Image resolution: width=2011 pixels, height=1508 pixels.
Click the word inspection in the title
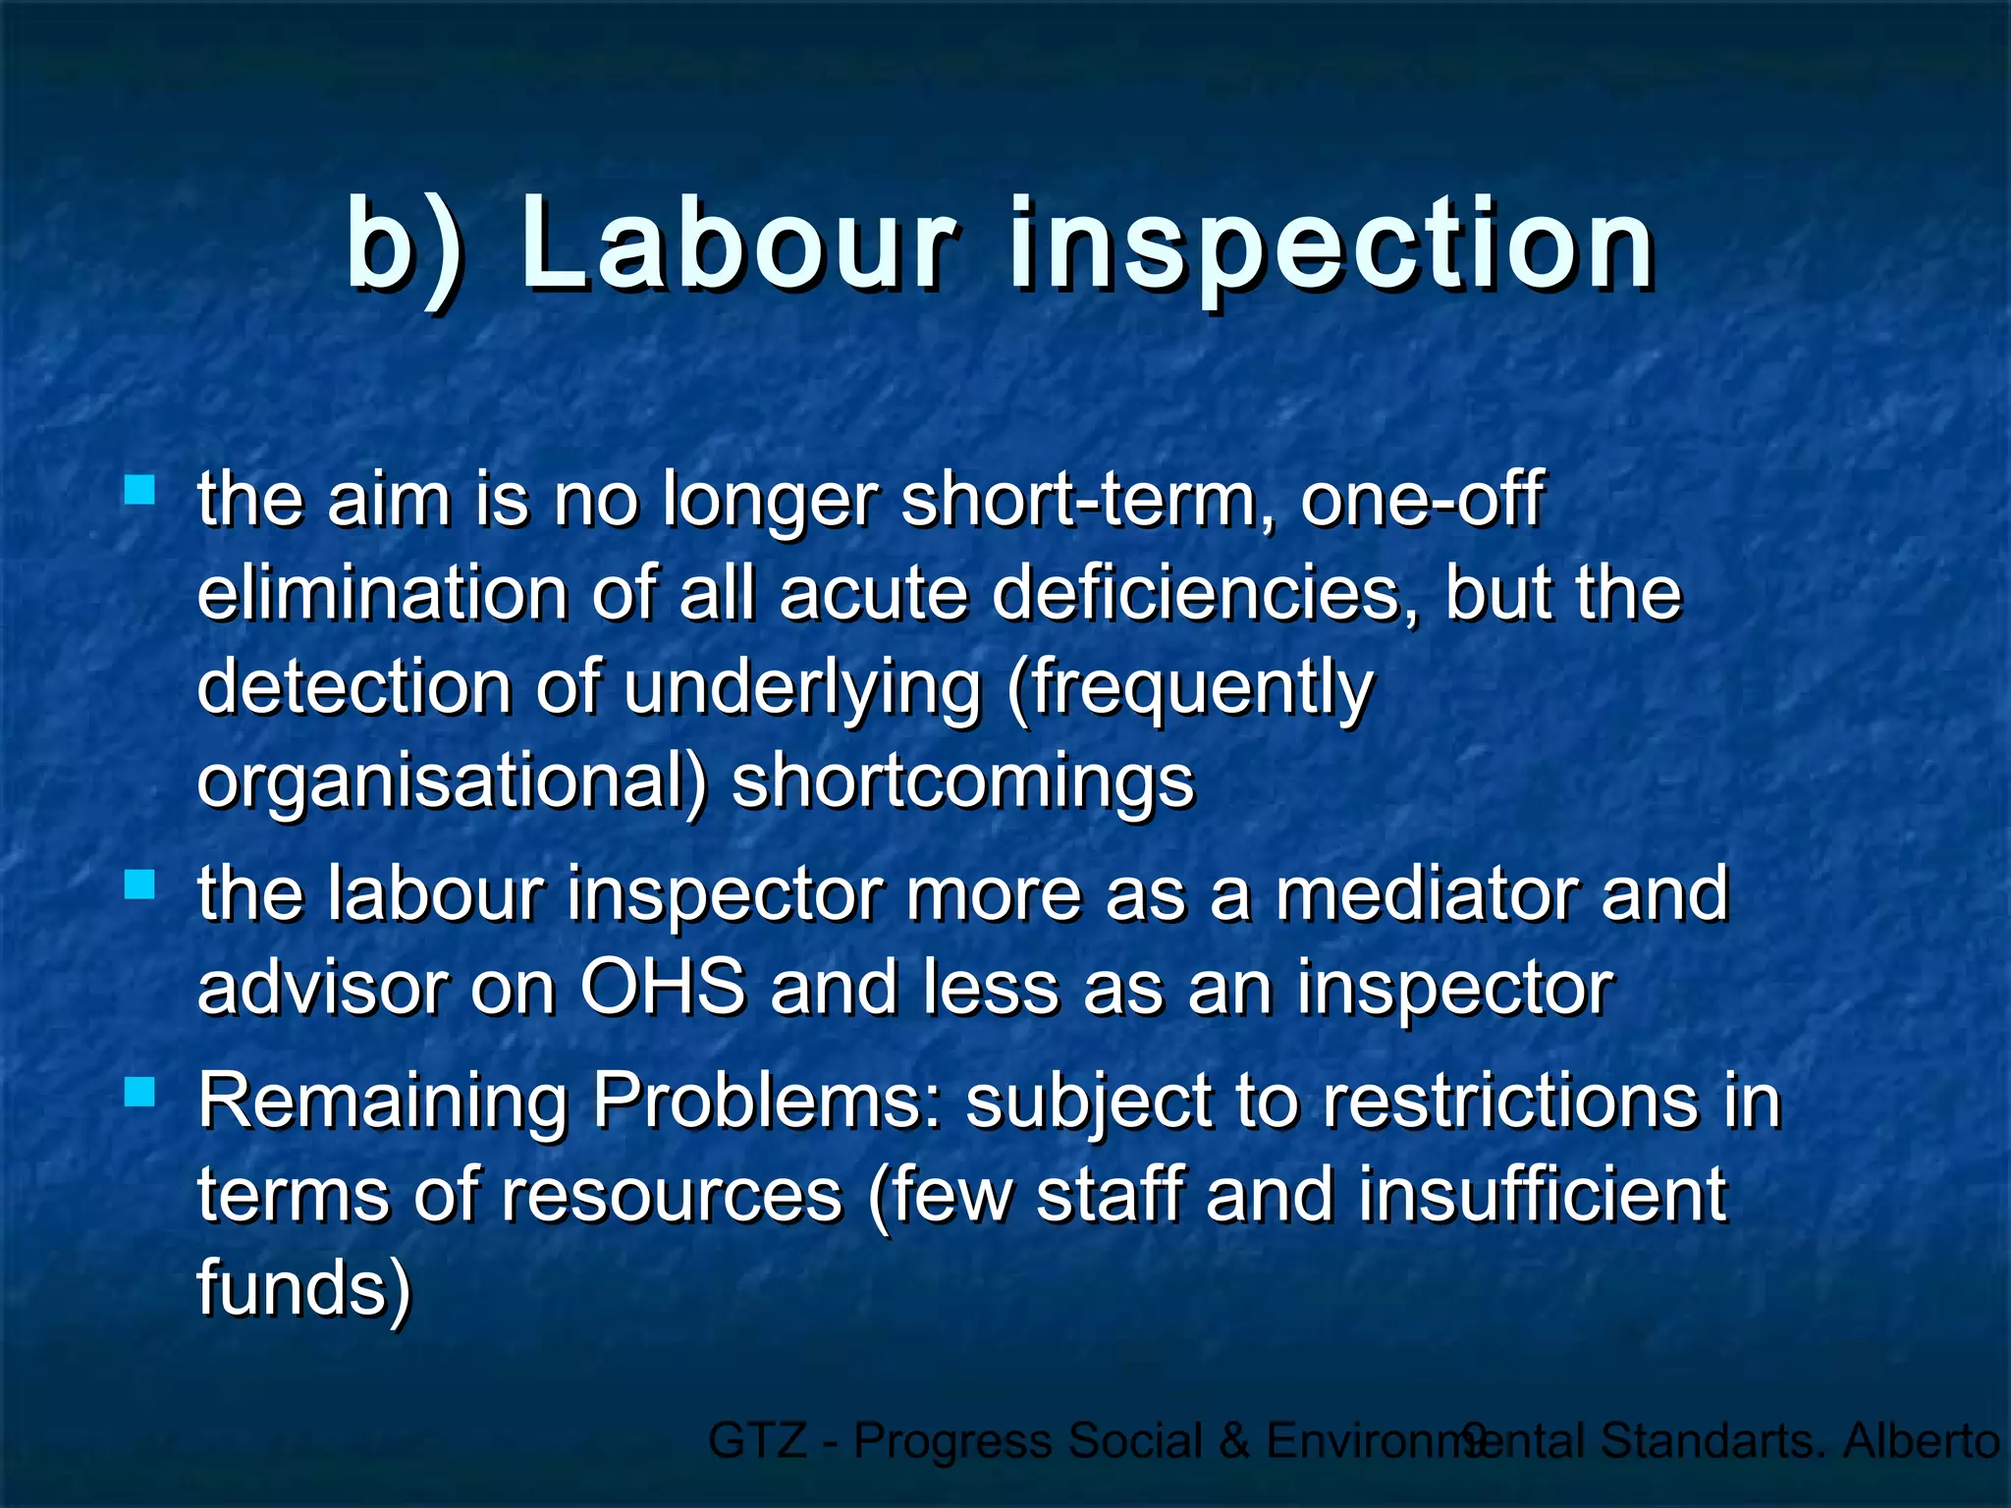(x=1331, y=245)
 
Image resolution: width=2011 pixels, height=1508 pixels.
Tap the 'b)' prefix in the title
(x=404, y=245)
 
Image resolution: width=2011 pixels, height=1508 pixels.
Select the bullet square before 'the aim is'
(x=140, y=489)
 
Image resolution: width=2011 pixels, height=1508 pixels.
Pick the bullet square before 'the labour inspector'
(x=140, y=885)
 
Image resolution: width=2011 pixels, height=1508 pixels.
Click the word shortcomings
(x=962, y=783)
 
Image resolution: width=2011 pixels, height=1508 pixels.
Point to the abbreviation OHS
(x=663, y=988)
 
